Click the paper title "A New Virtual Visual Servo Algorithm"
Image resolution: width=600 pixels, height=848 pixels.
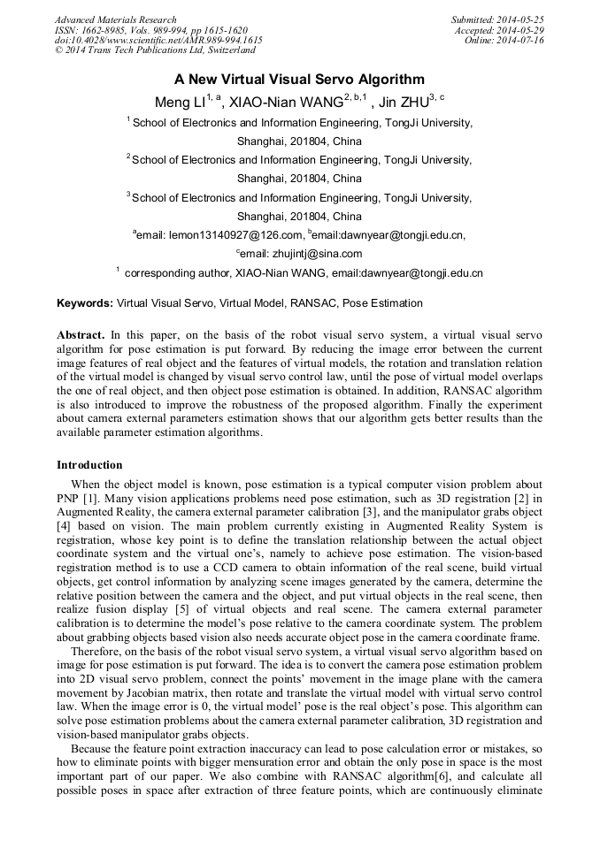click(x=299, y=79)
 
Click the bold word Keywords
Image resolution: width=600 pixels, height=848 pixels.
click(x=85, y=303)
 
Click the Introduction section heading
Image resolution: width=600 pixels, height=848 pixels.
click(x=89, y=464)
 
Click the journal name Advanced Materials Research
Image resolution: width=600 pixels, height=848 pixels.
click(x=115, y=19)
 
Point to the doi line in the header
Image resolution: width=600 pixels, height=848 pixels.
click(x=158, y=41)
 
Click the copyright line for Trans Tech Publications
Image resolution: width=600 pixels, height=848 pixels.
click(x=154, y=50)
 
